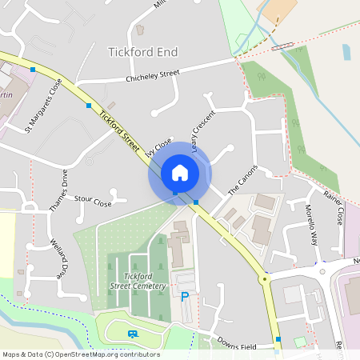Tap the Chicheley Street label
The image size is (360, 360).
tap(153, 77)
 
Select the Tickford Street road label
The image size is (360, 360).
tap(119, 126)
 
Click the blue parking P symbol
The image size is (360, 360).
tap(186, 297)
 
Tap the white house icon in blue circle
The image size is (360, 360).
tap(180, 173)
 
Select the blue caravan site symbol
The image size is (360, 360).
tap(131, 334)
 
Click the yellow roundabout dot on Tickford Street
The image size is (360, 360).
tap(263, 279)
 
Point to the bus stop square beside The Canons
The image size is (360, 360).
tap(196, 202)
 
